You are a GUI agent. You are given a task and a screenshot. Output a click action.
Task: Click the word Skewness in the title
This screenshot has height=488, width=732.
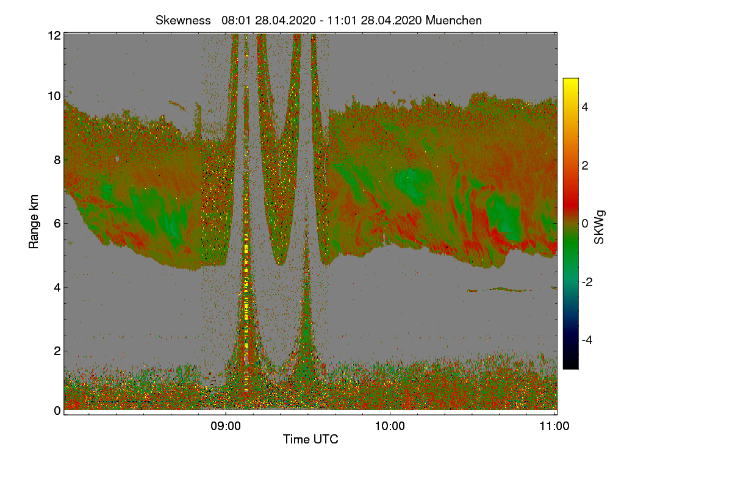point(183,21)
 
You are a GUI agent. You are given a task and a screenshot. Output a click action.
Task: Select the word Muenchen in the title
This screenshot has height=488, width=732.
point(454,21)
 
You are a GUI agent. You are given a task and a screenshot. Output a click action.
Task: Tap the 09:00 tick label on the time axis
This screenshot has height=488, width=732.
point(226,426)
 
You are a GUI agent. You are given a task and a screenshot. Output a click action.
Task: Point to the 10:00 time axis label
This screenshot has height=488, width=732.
point(390,426)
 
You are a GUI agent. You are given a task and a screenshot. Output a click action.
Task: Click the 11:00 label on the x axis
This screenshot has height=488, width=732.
point(554,426)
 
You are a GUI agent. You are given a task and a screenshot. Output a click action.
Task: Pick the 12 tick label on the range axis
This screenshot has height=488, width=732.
point(54,35)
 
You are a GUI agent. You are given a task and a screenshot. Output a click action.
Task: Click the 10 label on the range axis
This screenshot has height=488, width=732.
point(54,96)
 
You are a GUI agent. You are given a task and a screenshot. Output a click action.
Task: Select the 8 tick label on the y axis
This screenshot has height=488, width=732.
point(57,160)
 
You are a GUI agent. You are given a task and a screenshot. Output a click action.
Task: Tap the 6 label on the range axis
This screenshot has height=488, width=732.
point(57,224)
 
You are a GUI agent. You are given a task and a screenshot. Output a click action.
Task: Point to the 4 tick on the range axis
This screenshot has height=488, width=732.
point(57,288)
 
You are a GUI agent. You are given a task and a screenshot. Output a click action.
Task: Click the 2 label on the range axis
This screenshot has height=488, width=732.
point(57,351)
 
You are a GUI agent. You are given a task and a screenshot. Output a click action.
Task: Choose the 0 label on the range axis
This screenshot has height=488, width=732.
point(57,411)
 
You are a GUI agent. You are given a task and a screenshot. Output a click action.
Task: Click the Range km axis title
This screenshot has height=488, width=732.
point(34,221)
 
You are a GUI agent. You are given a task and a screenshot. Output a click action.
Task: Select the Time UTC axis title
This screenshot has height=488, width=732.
point(310,439)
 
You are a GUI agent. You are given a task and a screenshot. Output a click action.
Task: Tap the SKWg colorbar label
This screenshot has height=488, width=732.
point(599,228)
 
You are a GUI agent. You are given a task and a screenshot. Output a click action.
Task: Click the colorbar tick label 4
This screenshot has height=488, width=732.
point(585,107)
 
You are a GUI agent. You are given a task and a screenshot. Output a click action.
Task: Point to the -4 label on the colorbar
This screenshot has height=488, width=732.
point(587,340)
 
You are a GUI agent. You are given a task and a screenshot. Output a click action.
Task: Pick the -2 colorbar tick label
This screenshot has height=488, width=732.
point(587,282)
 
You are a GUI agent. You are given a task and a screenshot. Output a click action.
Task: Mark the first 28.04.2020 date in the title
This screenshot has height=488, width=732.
point(285,21)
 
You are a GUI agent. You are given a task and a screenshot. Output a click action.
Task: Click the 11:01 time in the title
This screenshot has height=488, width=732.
point(342,21)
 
